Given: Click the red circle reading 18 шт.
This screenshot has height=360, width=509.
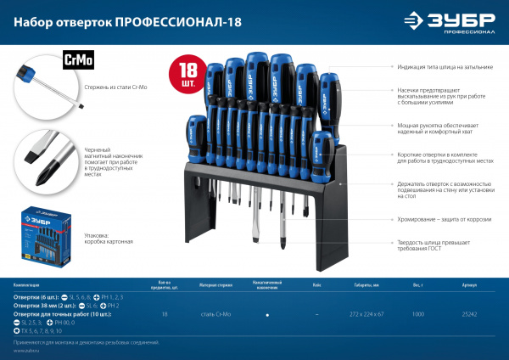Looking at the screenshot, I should [x=187, y=76].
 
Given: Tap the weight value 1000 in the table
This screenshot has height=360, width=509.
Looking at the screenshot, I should [x=419, y=314].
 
